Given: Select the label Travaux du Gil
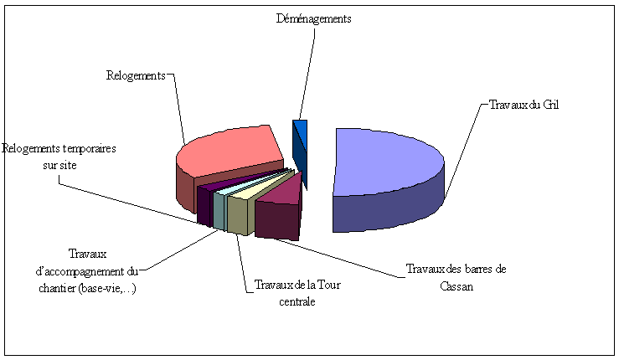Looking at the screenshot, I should coord(524,104).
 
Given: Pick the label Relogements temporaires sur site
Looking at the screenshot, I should coord(59,157).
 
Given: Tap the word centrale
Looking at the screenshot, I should coord(297,301).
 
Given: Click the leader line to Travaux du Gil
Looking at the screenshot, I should coord(466,151).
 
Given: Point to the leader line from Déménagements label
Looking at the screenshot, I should coord(306,75).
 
